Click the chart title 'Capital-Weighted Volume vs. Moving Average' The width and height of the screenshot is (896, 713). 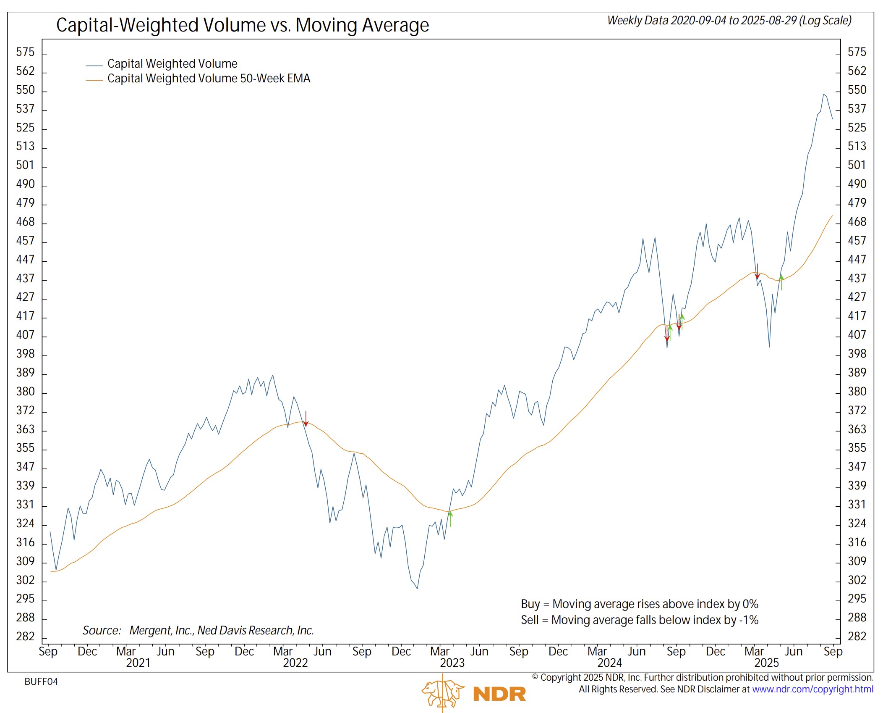(x=243, y=25)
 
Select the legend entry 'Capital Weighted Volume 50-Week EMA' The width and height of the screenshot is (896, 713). (x=209, y=79)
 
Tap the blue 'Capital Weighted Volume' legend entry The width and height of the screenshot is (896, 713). (x=172, y=64)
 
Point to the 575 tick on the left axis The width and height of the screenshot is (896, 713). (x=25, y=52)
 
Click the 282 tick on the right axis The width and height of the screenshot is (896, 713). (x=857, y=637)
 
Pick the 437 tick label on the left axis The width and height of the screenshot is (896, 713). (x=25, y=279)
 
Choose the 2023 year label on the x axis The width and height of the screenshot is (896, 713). (x=452, y=663)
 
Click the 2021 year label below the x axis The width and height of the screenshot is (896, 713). (x=138, y=663)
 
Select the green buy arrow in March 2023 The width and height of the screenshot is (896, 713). (x=450, y=518)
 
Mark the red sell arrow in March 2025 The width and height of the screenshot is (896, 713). (x=757, y=271)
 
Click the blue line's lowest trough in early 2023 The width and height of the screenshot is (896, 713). (x=417, y=588)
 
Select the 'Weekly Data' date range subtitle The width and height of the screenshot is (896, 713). (x=729, y=21)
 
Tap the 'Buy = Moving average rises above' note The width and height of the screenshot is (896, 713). (x=639, y=604)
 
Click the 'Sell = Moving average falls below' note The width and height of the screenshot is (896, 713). (x=639, y=620)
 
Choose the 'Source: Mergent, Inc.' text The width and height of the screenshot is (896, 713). (x=198, y=631)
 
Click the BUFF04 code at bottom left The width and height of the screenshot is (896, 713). (x=41, y=682)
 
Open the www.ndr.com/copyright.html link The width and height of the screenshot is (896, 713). (x=812, y=689)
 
